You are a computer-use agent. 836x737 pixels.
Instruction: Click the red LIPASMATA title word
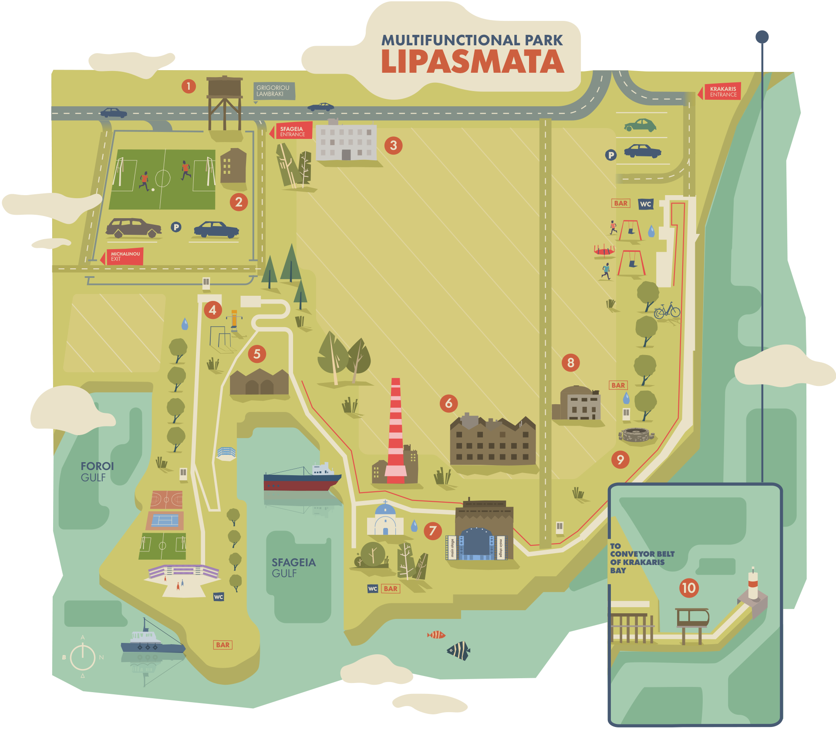[x=472, y=62]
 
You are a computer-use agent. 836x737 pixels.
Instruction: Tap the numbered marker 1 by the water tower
[x=189, y=86]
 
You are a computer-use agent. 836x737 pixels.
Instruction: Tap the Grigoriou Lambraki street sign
[x=273, y=91]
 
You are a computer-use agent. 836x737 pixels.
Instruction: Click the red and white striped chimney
[x=396, y=431]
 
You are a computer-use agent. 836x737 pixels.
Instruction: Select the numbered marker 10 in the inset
[x=689, y=588]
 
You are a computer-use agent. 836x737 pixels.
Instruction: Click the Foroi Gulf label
[x=97, y=472]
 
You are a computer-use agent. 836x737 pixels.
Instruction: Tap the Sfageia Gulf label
[x=293, y=568]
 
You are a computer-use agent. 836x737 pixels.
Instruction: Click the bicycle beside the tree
[x=667, y=310]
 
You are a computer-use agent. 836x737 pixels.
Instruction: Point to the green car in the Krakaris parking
[x=640, y=125]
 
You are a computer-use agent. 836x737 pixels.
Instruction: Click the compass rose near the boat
[x=83, y=657]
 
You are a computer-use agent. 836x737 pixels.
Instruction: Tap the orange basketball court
[x=166, y=500]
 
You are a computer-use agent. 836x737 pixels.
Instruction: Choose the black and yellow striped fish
[x=459, y=651]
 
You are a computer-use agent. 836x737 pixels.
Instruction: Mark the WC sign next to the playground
[x=645, y=204]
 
